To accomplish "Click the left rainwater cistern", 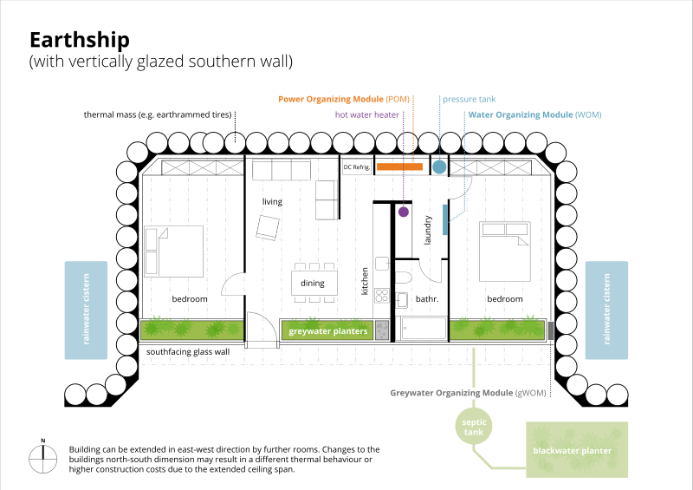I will pyautogui.click(x=86, y=310).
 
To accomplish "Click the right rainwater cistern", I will pyautogui.click(x=606, y=310).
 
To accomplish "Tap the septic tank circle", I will pyautogui.click(x=473, y=426).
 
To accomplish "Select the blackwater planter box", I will pyautogui.click(x=577, y=449).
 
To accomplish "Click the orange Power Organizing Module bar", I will pyautogui.click(x=399, y=167).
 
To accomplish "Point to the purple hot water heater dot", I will pyautogui.click(x=404, y=212).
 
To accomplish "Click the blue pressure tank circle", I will pyautogui.click(x=439, y=167).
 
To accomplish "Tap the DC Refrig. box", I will pyautogui.click(x=357, y=167).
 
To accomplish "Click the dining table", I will pyautogui.click(x=314, y=283).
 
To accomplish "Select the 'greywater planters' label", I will pyautogui.click(x=328, y=331).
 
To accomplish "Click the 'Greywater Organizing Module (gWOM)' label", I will pyautogui.click(x=468, y=393).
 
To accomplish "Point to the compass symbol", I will pyautogui.click(x=43, y=459).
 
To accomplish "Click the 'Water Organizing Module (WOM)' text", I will pyautogui.click(x=534, y=114).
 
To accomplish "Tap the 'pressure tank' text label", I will pyautogui.click(x=470, y=99).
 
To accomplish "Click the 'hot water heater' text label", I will pyautogui.click(x=367, y=114).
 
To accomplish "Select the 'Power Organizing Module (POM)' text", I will pyautogui.click(x=344, y=99).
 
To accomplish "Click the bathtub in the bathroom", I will pyautogui.click(x=422, y=329).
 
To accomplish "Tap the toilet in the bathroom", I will pyautogui.click(x=403, y=278).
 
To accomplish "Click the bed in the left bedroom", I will pyautogui.click(x=174, y=252).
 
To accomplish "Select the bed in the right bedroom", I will pyautogui.click(x=504, y=252).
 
